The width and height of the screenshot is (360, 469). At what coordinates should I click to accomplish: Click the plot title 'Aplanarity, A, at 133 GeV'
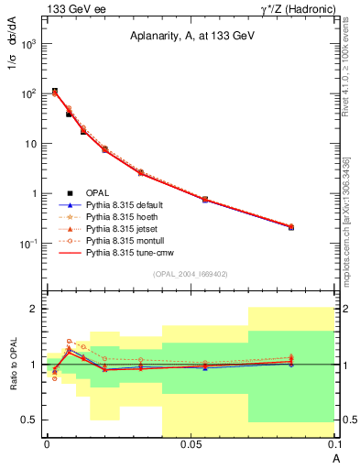pyautogui.click(x=191, y=35)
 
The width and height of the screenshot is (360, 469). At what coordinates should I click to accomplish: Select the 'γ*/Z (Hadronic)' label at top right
pyautogui.click(x=294, y=8)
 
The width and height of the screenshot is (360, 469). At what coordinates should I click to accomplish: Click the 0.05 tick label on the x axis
pyautogui.click(x=191, y=445)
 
